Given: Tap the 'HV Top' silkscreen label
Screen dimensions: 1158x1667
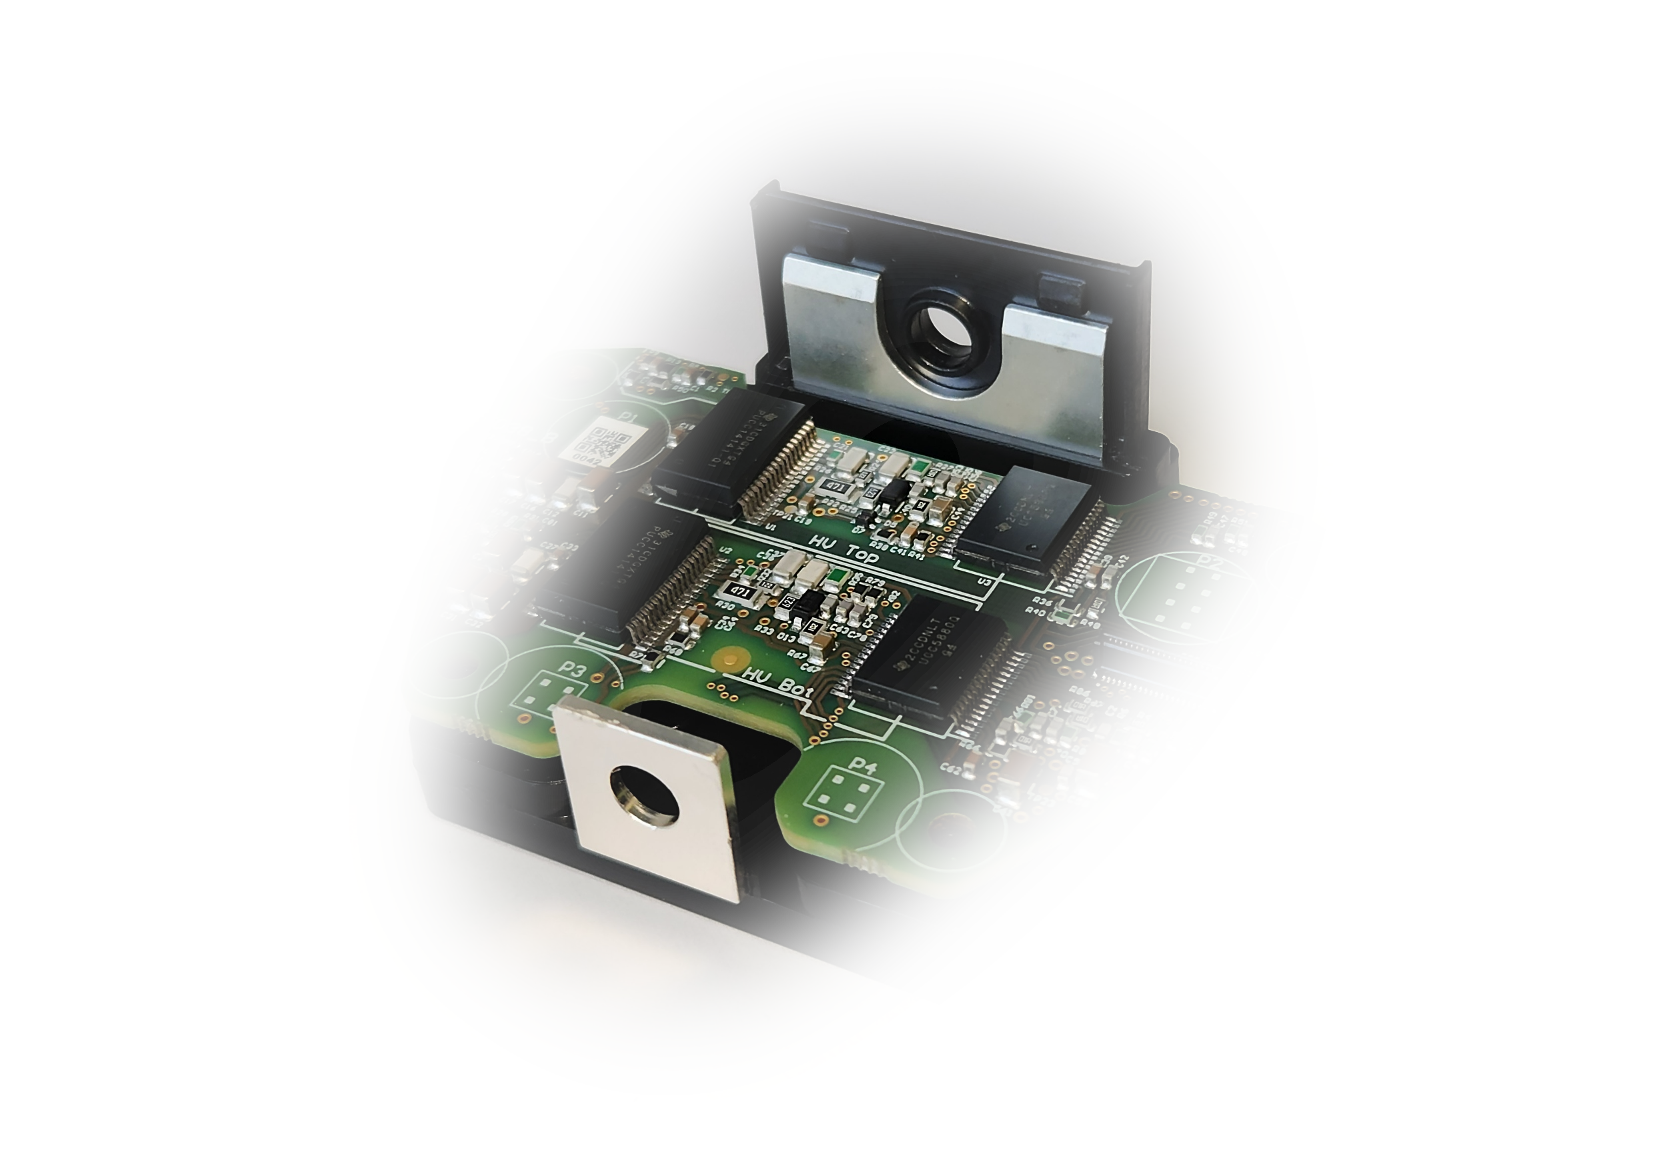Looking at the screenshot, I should click(x=844, y=549).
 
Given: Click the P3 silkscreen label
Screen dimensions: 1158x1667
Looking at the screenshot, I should click(x=573, y=669).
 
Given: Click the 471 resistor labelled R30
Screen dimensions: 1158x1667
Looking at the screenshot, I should click(x=741, y=591).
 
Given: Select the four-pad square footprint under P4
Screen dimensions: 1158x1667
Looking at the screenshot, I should click(x=837, y=794).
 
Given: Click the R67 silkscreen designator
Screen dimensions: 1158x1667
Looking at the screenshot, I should click(x=797, y=654).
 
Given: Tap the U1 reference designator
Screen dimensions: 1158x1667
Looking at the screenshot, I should click(x=770, y=527).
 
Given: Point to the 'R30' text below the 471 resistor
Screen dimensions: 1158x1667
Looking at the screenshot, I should click(x=724, y=604).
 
